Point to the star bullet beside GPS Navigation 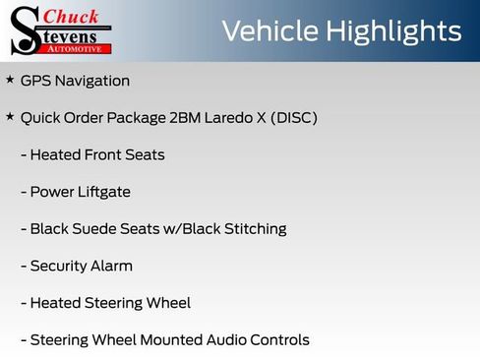tap(10, 80)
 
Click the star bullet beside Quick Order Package tap(10, 117)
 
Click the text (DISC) tap(294, 118)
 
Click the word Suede tap(95, 229)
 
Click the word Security tap(58, 266)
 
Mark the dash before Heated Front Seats tap(24, 155)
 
